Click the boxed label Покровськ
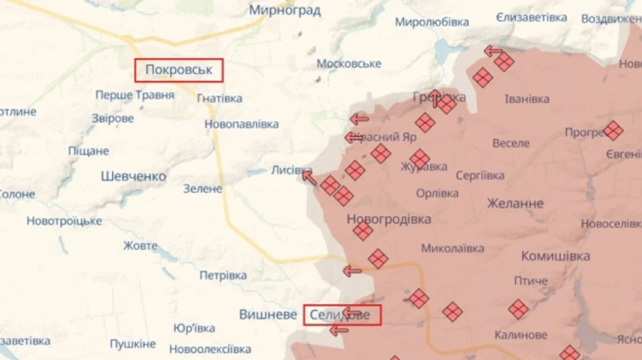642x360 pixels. tap(179, 70)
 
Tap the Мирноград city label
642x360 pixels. tap(285, 11)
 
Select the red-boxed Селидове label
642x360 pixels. tap(342, 314)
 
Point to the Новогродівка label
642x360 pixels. tap(389, 220)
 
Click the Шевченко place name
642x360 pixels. tap(133, 176)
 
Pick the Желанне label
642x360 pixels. tap(514, 203)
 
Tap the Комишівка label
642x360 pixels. tap(556, 256)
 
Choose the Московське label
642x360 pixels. tap(349, 63)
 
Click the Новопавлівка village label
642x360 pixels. tap(241, 124)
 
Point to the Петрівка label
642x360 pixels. tap(223, 274)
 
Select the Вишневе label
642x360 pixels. tap(267, 314)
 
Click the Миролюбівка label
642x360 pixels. tap(432, 21)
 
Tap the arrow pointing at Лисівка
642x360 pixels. tap(308, 176)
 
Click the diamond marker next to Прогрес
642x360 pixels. tap(613, 130)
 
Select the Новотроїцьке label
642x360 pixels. tap(64, 221)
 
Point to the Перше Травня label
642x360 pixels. tap(135, 95)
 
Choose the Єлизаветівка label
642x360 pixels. tap(531, 17)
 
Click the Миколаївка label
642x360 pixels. tap(452, 249)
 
